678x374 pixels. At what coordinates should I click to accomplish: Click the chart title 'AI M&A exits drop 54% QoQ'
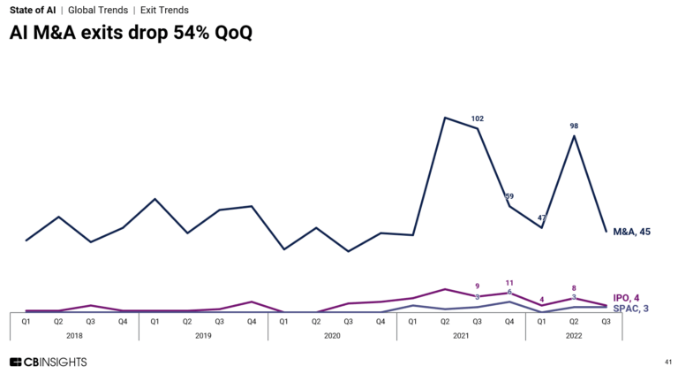131,34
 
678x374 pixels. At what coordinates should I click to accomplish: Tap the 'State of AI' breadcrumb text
32,10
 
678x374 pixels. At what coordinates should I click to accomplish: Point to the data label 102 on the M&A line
478,118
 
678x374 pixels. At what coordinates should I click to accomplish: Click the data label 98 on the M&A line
574,126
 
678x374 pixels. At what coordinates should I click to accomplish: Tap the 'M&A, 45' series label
631,232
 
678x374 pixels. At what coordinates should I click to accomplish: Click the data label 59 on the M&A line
509,196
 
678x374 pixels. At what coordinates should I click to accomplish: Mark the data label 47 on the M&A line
542,218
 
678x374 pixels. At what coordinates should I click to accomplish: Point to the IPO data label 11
509,283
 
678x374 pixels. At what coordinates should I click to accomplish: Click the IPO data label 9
478,286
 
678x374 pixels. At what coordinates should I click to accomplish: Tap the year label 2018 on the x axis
74,336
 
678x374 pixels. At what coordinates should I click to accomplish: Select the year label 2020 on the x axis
332,336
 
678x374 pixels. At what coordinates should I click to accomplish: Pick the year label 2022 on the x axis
574,336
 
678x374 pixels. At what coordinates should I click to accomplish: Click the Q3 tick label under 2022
606,322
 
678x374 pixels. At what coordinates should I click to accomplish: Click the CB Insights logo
48,362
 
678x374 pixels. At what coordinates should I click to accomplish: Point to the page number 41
667,362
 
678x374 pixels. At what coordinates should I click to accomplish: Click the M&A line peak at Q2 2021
445,118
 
